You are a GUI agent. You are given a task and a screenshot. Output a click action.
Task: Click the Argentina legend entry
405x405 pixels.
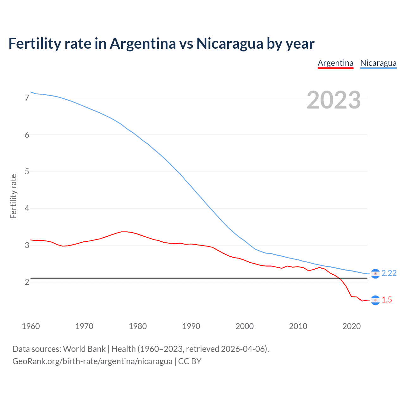(335, 63)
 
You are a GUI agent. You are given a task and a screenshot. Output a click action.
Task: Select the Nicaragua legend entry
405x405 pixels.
(378, 63)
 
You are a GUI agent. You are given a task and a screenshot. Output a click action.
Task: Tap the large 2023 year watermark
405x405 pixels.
(333, 100)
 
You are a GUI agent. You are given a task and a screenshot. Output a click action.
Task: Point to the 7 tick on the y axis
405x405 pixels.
(27, 98)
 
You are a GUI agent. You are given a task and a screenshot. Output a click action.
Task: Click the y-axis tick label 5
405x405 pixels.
(27, 171)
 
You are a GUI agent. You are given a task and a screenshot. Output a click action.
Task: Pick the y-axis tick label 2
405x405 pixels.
(27, 282)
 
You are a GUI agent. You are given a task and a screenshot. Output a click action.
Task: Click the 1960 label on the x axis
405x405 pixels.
(31, 326)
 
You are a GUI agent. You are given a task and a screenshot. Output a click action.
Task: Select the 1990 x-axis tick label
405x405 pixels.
(191, 326)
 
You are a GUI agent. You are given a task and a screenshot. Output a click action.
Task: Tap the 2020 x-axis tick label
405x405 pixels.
(352, 326)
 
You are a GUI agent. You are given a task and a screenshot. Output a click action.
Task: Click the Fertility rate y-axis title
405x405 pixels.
(13, 196)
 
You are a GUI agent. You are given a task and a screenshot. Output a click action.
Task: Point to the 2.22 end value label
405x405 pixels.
(389, 273)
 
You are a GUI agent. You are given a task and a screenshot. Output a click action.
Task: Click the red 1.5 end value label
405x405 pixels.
(387, 300)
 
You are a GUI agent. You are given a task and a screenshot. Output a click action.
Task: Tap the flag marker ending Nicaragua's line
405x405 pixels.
(375, 274)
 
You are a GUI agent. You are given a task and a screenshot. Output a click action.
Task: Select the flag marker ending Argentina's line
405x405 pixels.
(375, 300)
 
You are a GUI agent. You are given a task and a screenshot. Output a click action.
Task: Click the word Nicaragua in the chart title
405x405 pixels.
(230, 43)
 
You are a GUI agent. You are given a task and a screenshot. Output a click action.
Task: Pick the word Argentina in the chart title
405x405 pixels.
(143, 43)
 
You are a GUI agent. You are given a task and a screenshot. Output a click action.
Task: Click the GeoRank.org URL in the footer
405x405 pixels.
(92, 361)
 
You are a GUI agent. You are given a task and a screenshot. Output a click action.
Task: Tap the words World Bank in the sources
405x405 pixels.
(84, 349)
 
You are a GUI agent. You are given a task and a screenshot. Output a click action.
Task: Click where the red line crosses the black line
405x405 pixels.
(340, 278)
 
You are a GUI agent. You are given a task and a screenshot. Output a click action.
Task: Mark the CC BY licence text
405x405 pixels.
(190, 361)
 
